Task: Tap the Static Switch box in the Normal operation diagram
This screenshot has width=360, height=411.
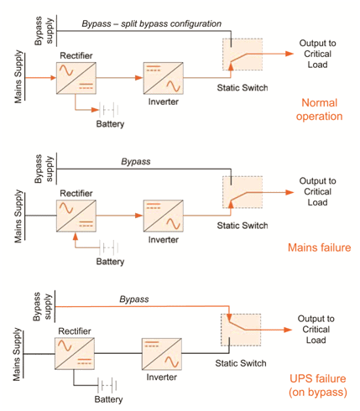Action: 243,55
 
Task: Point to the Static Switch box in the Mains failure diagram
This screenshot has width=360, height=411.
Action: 243,192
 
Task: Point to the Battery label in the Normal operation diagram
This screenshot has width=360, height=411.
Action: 110,124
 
